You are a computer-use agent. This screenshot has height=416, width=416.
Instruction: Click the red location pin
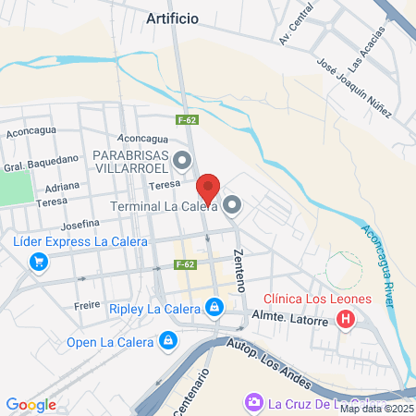click(209, 187)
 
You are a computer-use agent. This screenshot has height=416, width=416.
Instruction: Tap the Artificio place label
click(173, 18)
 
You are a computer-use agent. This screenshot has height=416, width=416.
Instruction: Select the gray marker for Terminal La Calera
click(231, 205)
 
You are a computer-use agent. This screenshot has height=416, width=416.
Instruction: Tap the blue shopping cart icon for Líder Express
click(38, 262)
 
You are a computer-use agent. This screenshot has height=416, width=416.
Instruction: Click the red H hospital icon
click(347, 320)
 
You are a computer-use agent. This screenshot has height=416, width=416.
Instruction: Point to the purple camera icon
click(252, 402)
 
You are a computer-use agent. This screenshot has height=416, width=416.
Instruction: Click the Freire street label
click(85, 304)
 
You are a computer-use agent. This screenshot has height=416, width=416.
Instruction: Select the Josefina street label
click(81, 224)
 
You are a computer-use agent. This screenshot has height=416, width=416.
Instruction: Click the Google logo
click(31, 404)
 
